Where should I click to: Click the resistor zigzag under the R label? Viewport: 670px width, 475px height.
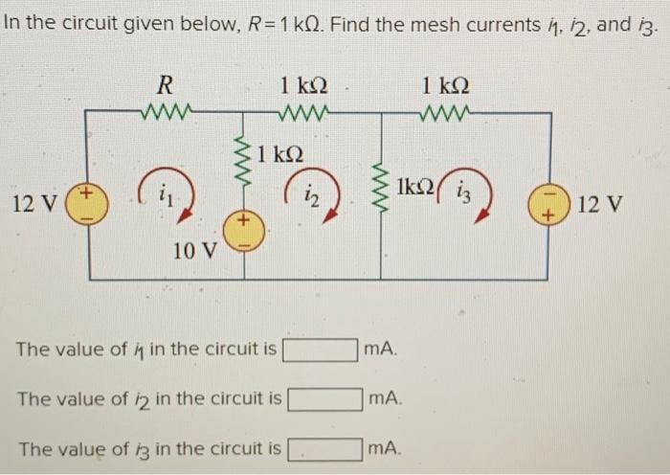[167, 114]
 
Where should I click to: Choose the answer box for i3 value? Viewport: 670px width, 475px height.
[325, 447]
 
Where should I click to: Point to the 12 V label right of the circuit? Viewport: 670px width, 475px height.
[603, 204]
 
